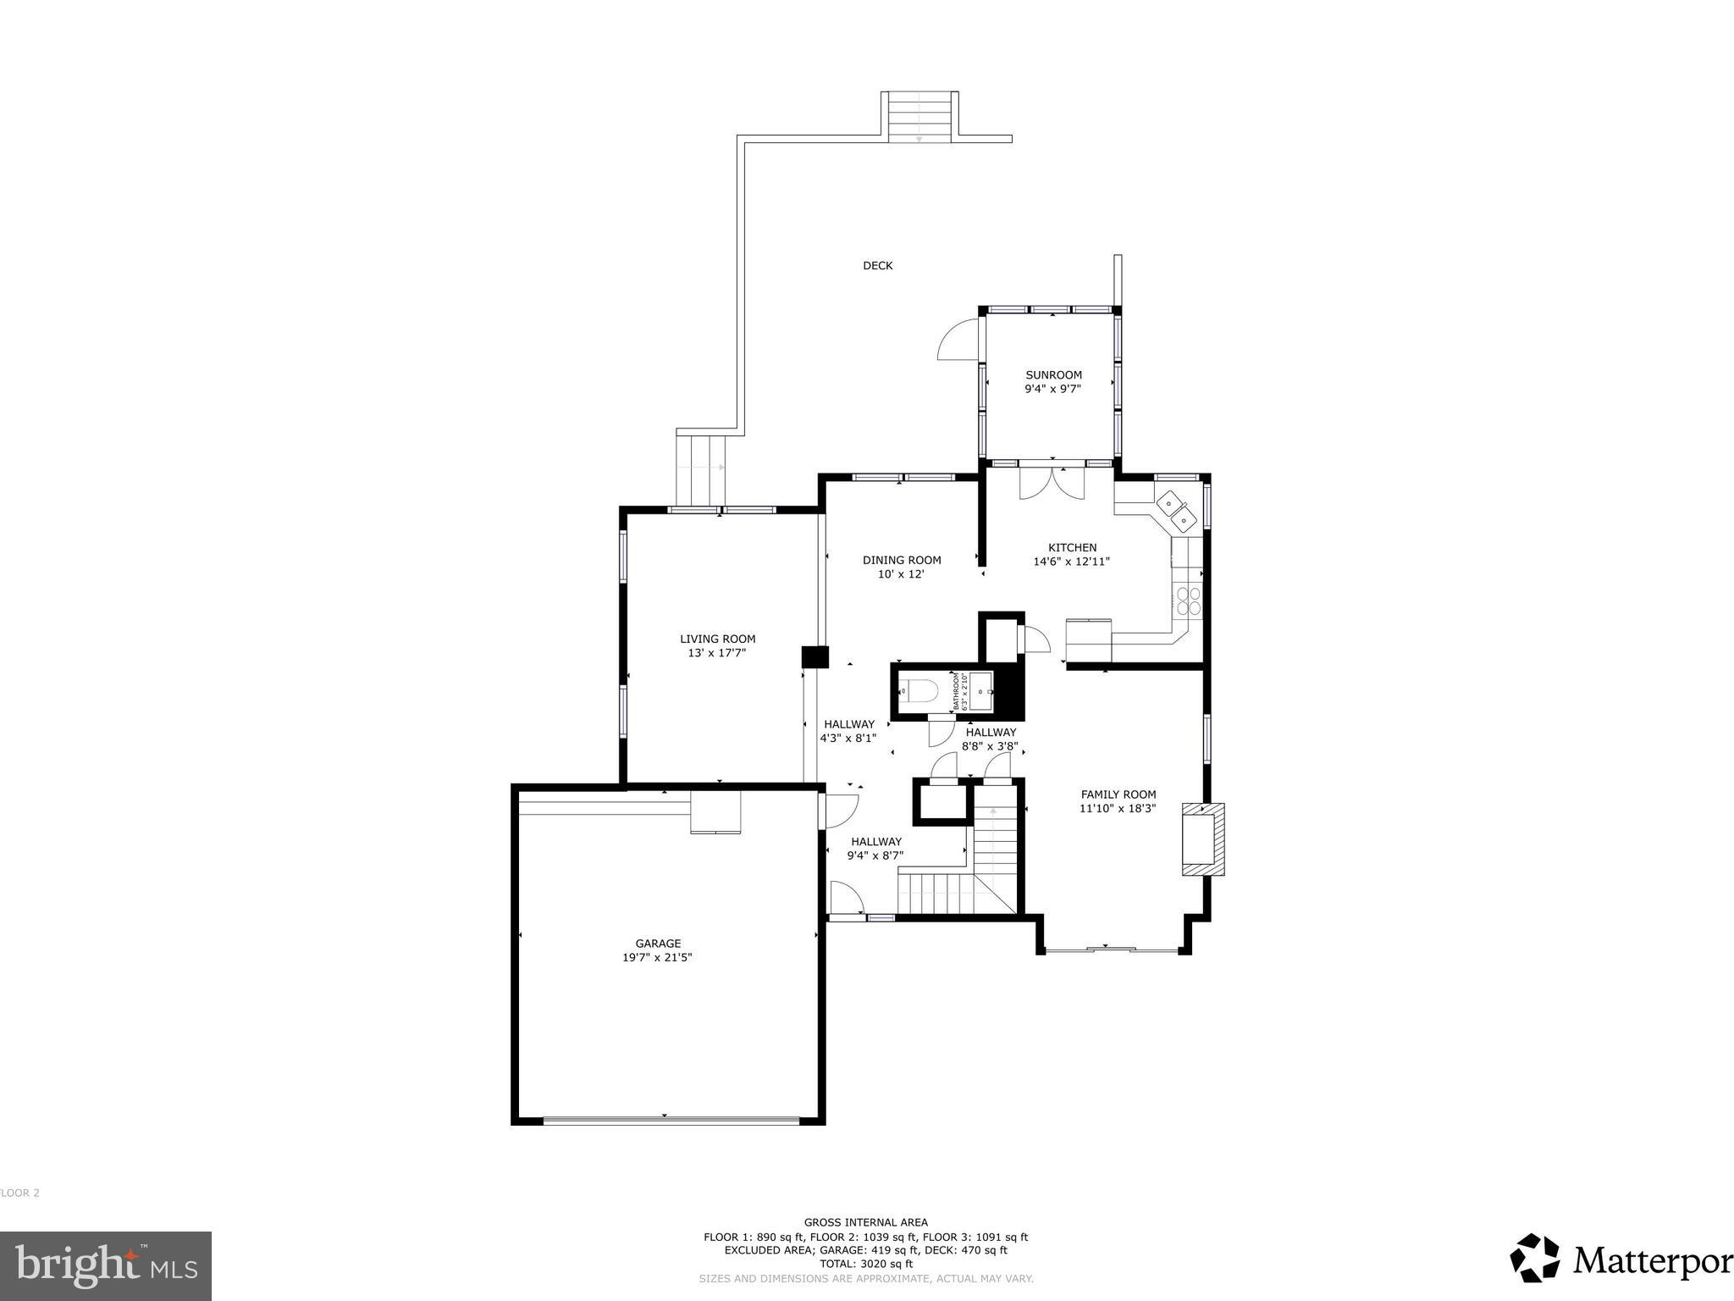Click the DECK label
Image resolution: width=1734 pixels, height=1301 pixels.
(877, 266)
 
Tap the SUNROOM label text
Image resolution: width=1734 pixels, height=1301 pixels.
(1053, 375)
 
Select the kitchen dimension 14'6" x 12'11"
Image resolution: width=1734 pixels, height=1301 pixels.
(1071, 562)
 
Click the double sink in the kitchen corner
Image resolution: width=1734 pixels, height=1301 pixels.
(1176, 508)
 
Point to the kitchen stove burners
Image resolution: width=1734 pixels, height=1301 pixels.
(1189, 600)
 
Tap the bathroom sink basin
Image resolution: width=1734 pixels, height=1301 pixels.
(981, 691)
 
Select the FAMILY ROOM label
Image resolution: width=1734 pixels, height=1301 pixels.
(1118, 794)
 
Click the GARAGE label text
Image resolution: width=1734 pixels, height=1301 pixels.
(658, 944)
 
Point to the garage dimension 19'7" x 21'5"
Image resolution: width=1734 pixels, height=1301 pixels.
(658, 958)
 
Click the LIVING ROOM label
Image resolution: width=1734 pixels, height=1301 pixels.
(717, 639)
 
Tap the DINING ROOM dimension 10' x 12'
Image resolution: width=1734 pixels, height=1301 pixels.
(901, 574)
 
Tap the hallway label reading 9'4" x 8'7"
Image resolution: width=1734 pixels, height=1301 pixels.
(876, 855)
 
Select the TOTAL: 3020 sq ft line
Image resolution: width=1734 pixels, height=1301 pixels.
(865, 1264)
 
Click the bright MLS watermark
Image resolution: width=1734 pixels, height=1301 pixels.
(106, 1266)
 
